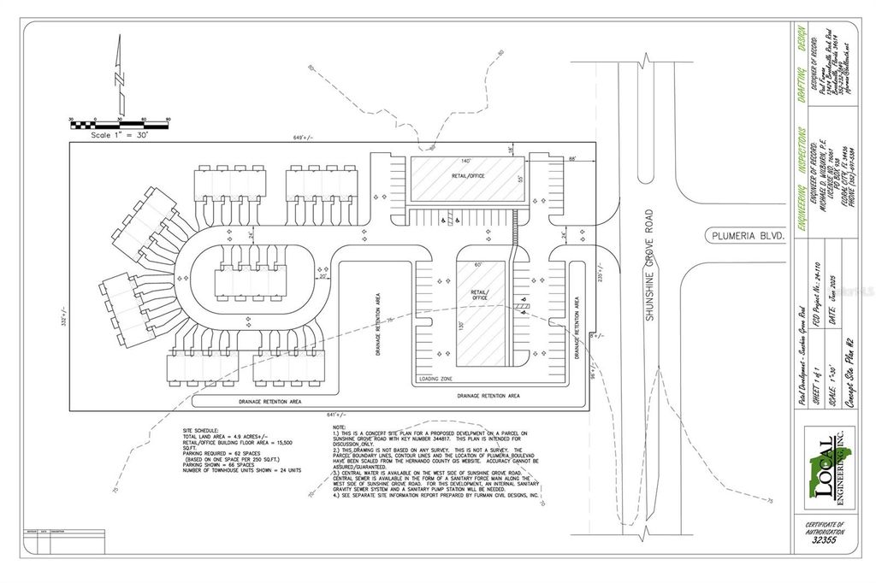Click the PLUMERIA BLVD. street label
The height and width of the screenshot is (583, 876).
pos(745,234)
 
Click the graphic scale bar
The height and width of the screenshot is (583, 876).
pos(120,125)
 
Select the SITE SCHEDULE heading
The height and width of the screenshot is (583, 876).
pos(201,429)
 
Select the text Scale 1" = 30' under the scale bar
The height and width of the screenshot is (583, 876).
pos(120,135)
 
